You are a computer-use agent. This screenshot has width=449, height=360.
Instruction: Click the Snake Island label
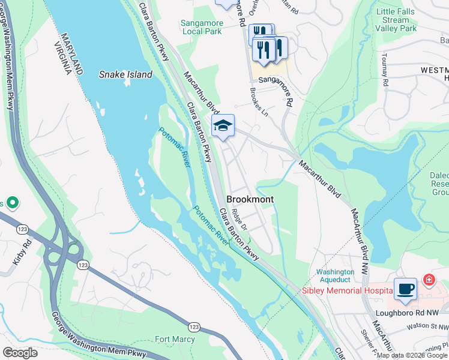tap(125, 75)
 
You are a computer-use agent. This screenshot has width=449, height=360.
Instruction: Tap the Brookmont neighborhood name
tap(250, 199)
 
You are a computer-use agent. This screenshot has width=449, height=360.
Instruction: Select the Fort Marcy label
tap(175, 339)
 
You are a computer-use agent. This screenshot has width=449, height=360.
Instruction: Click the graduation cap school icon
tap(223, 126)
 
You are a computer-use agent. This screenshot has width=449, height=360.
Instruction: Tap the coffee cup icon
tap(405, 289)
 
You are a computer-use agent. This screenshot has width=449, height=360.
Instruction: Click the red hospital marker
tap(429, 280)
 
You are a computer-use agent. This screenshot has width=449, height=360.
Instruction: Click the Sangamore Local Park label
tap(202, 28)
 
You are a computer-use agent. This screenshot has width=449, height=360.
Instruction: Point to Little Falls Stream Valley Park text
tap(396, 20)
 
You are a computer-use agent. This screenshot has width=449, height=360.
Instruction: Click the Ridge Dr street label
tap(240, 219)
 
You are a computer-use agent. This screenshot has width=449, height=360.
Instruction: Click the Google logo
tap(20, 353)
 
